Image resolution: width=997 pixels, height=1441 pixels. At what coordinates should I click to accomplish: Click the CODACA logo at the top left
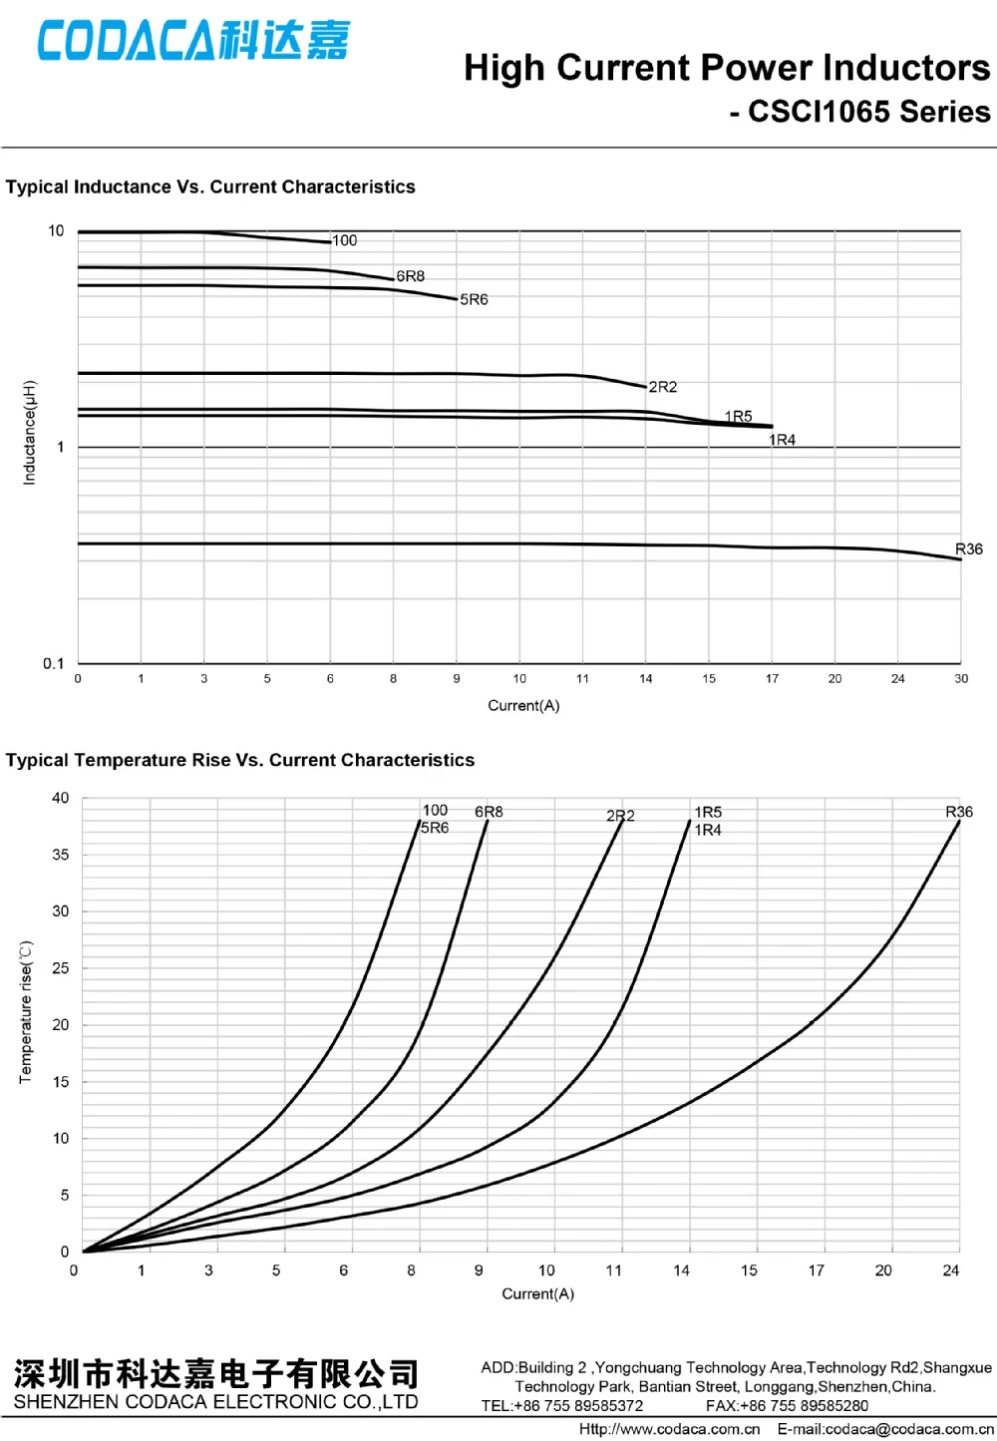click(193, 41)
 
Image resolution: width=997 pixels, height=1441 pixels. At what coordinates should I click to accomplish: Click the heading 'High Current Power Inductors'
click(727, 68)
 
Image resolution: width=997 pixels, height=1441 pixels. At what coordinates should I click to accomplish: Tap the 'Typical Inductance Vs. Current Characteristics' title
click(210, 186)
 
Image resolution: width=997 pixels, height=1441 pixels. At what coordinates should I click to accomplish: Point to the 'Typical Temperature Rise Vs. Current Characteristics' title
click(240, 760)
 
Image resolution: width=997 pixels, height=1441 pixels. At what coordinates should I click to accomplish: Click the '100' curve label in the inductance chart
click(345, 240)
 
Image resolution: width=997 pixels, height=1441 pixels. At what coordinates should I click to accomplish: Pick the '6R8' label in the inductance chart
click(410, 276)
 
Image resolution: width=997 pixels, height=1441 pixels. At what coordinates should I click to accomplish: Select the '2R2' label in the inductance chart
click(662, 387)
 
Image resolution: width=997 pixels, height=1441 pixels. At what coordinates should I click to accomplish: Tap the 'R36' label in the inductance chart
click(968, 549)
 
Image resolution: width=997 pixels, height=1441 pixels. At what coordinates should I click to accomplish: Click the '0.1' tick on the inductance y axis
click(54, 663)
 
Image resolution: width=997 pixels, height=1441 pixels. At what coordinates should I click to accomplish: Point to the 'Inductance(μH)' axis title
click(30, 433)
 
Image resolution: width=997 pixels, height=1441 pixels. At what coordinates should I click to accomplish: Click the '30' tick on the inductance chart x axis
click(960, 679)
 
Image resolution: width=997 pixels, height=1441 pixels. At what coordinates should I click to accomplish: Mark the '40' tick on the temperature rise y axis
click(61, 798)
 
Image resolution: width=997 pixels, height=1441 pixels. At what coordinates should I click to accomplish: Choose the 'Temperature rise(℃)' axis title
click(26, 1012)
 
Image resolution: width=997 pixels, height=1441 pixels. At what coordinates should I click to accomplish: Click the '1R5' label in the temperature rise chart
click(708, 813)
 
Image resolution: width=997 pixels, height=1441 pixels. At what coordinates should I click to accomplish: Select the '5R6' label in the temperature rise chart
click(435, 828)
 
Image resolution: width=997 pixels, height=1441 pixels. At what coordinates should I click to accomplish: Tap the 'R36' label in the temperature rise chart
click(958, 812)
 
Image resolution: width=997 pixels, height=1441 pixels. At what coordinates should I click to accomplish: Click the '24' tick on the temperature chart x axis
click(951, 1270)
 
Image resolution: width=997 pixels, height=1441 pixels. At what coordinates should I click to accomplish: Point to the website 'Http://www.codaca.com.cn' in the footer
click(669, 1429)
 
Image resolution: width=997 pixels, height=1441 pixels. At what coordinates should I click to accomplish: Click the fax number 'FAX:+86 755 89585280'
click(787, 1406)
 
